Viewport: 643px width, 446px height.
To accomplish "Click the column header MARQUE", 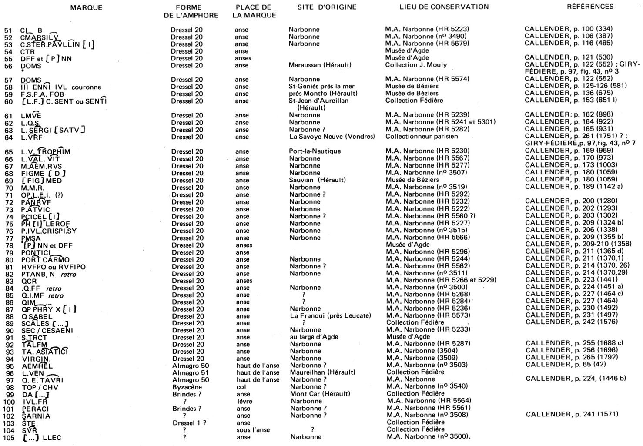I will [x=86, y=8].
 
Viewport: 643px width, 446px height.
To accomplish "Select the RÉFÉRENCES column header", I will [x=590, y=7].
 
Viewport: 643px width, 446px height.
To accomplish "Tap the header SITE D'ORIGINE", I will [x=327, y=7].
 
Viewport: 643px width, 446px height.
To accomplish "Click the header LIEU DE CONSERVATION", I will [x=444, y=7].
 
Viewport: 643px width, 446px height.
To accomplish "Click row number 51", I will [x=8, y=30].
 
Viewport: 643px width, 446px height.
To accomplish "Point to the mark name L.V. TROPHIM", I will [x=45, y=152].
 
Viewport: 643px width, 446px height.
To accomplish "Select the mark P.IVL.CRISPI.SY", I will [x=49, y=231].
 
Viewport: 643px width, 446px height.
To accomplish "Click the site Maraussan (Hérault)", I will [x=320, y=65].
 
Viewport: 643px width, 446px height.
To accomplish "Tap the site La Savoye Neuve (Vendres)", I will [x=332, y=137].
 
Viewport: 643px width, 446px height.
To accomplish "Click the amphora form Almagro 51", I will [x=191, y=373].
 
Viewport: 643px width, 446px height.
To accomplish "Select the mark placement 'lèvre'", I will [x=241, y=402].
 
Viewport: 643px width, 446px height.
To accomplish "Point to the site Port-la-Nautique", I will [x=315, y=151].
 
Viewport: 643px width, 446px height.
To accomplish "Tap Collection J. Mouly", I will [x=415, y=65].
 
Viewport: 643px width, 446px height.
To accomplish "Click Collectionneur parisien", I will [x=421, y=137].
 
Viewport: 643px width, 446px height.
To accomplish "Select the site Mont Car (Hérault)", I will [x=320, y=394].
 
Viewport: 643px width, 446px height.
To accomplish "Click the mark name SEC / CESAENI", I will [x=47, y=331].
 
